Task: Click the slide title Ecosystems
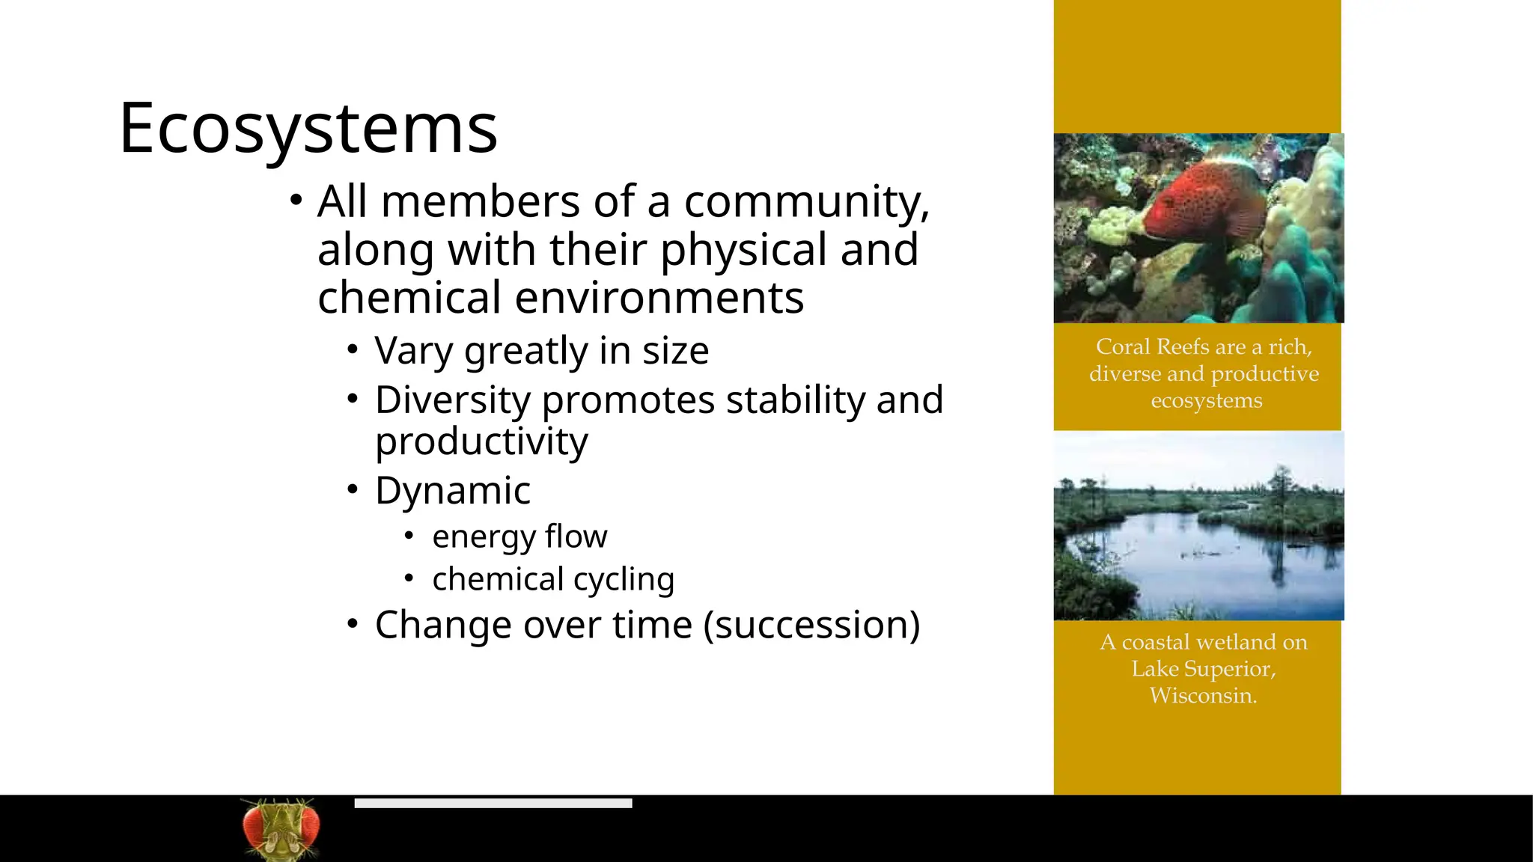(308, 129)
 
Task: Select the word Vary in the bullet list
(413, 351)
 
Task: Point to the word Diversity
(453, 400)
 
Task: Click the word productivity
(481, 441)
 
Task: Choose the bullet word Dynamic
(453, 491)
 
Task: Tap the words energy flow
(519, 537)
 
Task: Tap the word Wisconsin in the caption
(1203, 696)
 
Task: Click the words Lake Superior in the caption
(1203, 669)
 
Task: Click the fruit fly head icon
(281, 829)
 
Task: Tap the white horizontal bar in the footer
(493, 803)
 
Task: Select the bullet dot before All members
(296, 200)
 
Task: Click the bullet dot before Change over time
(353, 623)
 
